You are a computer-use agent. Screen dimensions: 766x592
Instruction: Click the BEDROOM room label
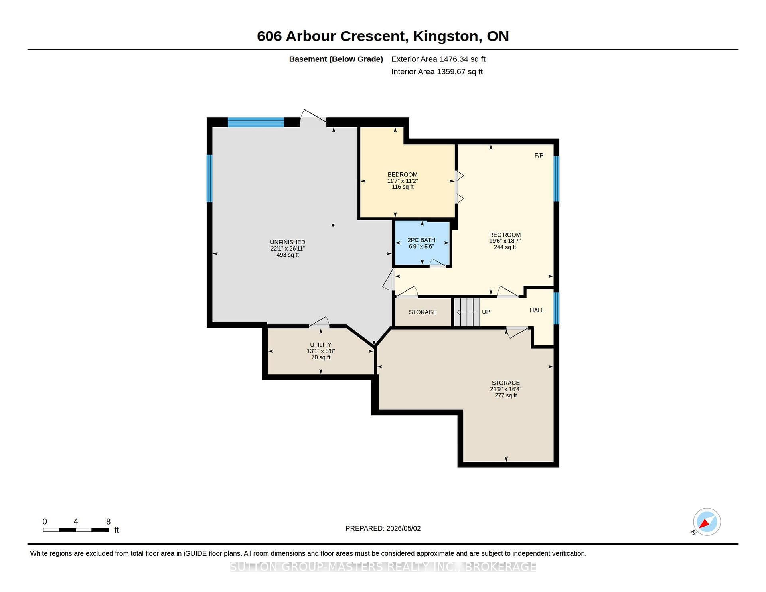403,175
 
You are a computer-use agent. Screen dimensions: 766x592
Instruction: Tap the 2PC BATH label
421,240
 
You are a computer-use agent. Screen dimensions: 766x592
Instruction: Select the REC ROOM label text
505,235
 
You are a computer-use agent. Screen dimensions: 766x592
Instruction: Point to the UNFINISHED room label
288,242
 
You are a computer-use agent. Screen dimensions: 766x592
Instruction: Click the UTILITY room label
321,345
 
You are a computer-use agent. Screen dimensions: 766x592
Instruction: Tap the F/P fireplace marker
539,156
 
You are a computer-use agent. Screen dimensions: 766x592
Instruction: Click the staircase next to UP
467,312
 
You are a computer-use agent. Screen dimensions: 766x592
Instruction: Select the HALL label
537,310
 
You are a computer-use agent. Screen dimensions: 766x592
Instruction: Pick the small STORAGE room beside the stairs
423,312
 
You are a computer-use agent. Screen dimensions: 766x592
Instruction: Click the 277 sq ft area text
506,395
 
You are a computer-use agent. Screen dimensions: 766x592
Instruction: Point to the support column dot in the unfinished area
333,225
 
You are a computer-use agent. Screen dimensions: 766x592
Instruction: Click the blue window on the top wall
256,122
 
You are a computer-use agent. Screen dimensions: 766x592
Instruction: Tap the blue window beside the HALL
557,308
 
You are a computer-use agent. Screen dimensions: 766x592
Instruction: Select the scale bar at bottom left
76,530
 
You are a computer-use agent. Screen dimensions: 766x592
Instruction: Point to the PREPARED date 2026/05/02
403,528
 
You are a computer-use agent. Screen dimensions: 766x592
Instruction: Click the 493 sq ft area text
288,255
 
